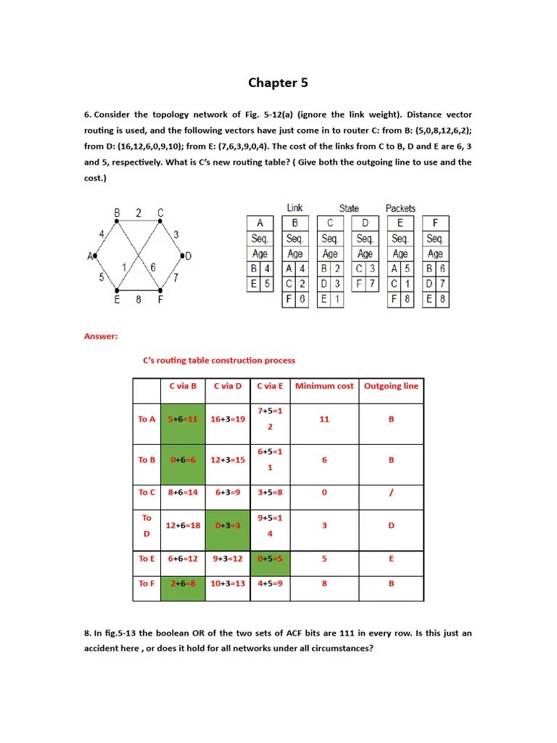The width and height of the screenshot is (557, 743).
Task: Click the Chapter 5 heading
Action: point(278,83)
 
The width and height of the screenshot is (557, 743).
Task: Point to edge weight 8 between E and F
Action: point(138,299)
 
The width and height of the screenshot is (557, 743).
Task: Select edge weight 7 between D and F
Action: point(176,277)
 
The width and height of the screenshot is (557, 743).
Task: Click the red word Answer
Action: point(101,336)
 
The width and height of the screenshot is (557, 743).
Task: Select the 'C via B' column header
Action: point(183,386)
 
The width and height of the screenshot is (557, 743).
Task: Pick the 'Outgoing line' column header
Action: point(391,386)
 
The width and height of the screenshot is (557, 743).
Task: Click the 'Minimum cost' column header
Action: point(324,386)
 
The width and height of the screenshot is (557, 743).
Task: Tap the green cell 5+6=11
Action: point(183,419)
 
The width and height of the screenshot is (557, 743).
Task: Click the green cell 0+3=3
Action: point(228,525)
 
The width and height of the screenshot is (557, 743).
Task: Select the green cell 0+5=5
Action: point(270,559)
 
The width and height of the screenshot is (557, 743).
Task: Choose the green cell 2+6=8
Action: point(183,583)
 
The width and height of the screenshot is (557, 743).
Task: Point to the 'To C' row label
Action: point(147,493)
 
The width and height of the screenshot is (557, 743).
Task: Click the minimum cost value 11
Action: point(324,419)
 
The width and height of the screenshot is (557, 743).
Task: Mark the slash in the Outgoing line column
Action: point(391,493)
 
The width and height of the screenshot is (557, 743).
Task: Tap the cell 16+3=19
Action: point(228,419)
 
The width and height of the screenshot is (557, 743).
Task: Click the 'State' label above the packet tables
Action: point(349,208)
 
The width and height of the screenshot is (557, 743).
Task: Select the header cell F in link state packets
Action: point(435,223)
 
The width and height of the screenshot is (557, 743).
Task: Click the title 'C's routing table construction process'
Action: point(218,360)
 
